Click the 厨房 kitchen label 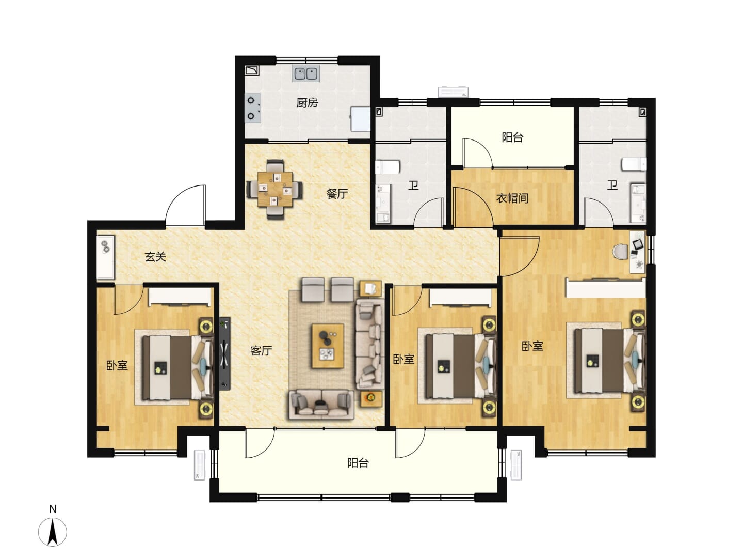(x=306, y=102)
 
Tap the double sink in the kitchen (x=305, y=73)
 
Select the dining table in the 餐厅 (x=275, y=189)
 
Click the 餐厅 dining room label (x=336, y=194)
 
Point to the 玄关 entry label (x=155, y=256)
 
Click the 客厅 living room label (x=261, y=350)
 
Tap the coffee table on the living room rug (x=328, y=346)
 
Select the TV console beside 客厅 (x=224, y=353)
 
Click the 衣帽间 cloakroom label (x=512, y=198)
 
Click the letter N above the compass (x=53, y=509)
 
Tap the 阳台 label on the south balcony (x=358, y=462)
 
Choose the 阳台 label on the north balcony (x=512, y=137)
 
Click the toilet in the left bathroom (x=388, y=167)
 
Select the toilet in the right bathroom (x=634, y=164)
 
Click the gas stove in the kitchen (x=253, y=108)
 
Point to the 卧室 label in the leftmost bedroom (x=117, y=365)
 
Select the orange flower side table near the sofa (x=371, y=399)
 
